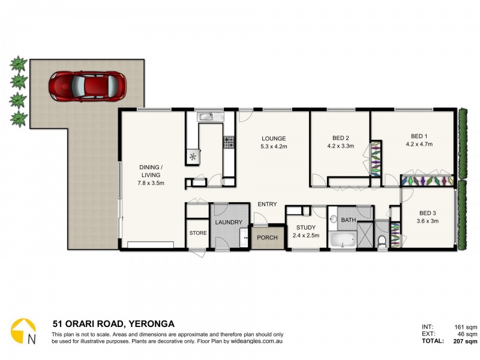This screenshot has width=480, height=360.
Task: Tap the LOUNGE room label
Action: click(274, 138)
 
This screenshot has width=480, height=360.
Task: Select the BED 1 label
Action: click(419, 136)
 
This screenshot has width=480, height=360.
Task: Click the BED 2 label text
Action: click(340, 137)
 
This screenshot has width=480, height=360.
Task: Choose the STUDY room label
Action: click(306, 227)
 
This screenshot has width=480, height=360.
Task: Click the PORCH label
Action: click(267, 238)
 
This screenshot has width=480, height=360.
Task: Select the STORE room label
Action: click(198, 233)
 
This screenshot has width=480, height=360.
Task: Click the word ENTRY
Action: click(267, 204)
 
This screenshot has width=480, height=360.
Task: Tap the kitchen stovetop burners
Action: click(229, 142)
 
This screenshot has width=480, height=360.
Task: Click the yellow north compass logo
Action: click(23, 331)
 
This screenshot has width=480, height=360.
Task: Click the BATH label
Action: click(348, 220)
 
